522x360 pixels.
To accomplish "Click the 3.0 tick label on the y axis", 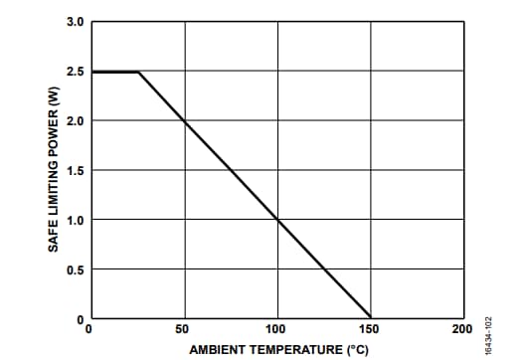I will click(x=76, y=21).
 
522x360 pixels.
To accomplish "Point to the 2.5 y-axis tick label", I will click(x=76, y=72).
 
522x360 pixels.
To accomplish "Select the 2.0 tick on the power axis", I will click(x=76, y=120).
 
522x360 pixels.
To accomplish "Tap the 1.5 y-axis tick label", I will click(x=76, y=170).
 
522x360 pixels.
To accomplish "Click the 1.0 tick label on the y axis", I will click(x=76, y=220).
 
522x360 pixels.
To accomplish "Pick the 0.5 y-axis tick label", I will click(x=76, y=270).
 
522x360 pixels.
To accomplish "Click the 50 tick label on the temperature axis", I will click(x=183, y=328).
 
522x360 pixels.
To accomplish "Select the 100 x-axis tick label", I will click(x=276, y=328).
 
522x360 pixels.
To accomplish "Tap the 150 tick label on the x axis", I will click(x=370, y=328).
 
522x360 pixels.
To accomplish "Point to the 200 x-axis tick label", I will click(x=461, y=328).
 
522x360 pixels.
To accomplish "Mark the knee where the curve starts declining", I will click(x=137, y=72).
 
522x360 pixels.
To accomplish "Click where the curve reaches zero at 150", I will click(x=370, y=317).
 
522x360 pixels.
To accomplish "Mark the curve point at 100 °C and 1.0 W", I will click(x=277, y=220).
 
